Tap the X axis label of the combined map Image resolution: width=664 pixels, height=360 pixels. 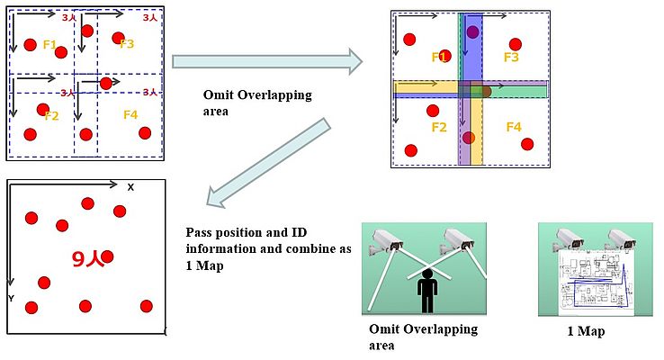pyautogui.click(x=130, y=187)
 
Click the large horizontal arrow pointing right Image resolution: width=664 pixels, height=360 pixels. pyautogui.click(x=266, y=61)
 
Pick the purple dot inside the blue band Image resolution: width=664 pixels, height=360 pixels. pyautogui.click(x=473, y=32)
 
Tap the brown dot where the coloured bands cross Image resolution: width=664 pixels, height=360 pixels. pyautogui.click(x=485, y=90)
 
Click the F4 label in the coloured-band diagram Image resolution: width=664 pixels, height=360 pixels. pyautogui.click(x=513, y=127)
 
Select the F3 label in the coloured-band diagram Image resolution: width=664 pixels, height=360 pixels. pyautogui.click(x=511, y=58)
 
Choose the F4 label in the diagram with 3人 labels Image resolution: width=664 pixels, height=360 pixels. pyautogui.click(x=130, y=114)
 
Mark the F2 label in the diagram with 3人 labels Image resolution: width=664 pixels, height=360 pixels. pyautogui.click(x=50, y=116)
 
